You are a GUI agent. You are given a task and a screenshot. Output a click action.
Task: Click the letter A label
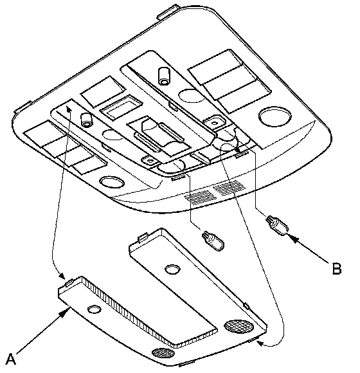pos(11,359)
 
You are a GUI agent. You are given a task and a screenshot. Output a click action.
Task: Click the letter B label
pos(336,269)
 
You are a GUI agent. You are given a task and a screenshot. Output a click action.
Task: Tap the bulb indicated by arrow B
pos(277,226)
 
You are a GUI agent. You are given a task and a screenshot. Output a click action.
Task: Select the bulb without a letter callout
pos(213,241)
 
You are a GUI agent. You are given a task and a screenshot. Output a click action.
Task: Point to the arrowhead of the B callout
pos(294,239)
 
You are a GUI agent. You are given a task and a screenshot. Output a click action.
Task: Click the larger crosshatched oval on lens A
pos(239,327)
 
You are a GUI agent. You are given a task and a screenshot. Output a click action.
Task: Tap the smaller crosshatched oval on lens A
pos(163,353)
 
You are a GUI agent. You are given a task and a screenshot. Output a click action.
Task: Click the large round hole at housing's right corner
pos(275,116)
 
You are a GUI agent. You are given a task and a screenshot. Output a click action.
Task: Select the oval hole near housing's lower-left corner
pos(112,182)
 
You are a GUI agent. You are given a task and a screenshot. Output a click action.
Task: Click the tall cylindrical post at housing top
pos(164,76)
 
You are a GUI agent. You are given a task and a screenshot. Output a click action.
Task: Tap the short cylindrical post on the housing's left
pos(86,120)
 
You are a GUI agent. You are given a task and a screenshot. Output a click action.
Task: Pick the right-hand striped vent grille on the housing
pos(230,188)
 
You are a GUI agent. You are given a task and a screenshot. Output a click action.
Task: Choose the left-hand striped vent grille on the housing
pos(199,197)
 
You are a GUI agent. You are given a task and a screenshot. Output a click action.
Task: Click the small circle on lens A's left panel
pos(94,309)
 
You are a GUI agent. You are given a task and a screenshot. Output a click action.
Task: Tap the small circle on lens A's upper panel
pos(172,269)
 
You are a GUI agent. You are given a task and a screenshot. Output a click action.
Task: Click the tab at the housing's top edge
pos(168,11)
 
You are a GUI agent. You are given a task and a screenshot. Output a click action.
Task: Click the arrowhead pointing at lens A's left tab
pos(61,276)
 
